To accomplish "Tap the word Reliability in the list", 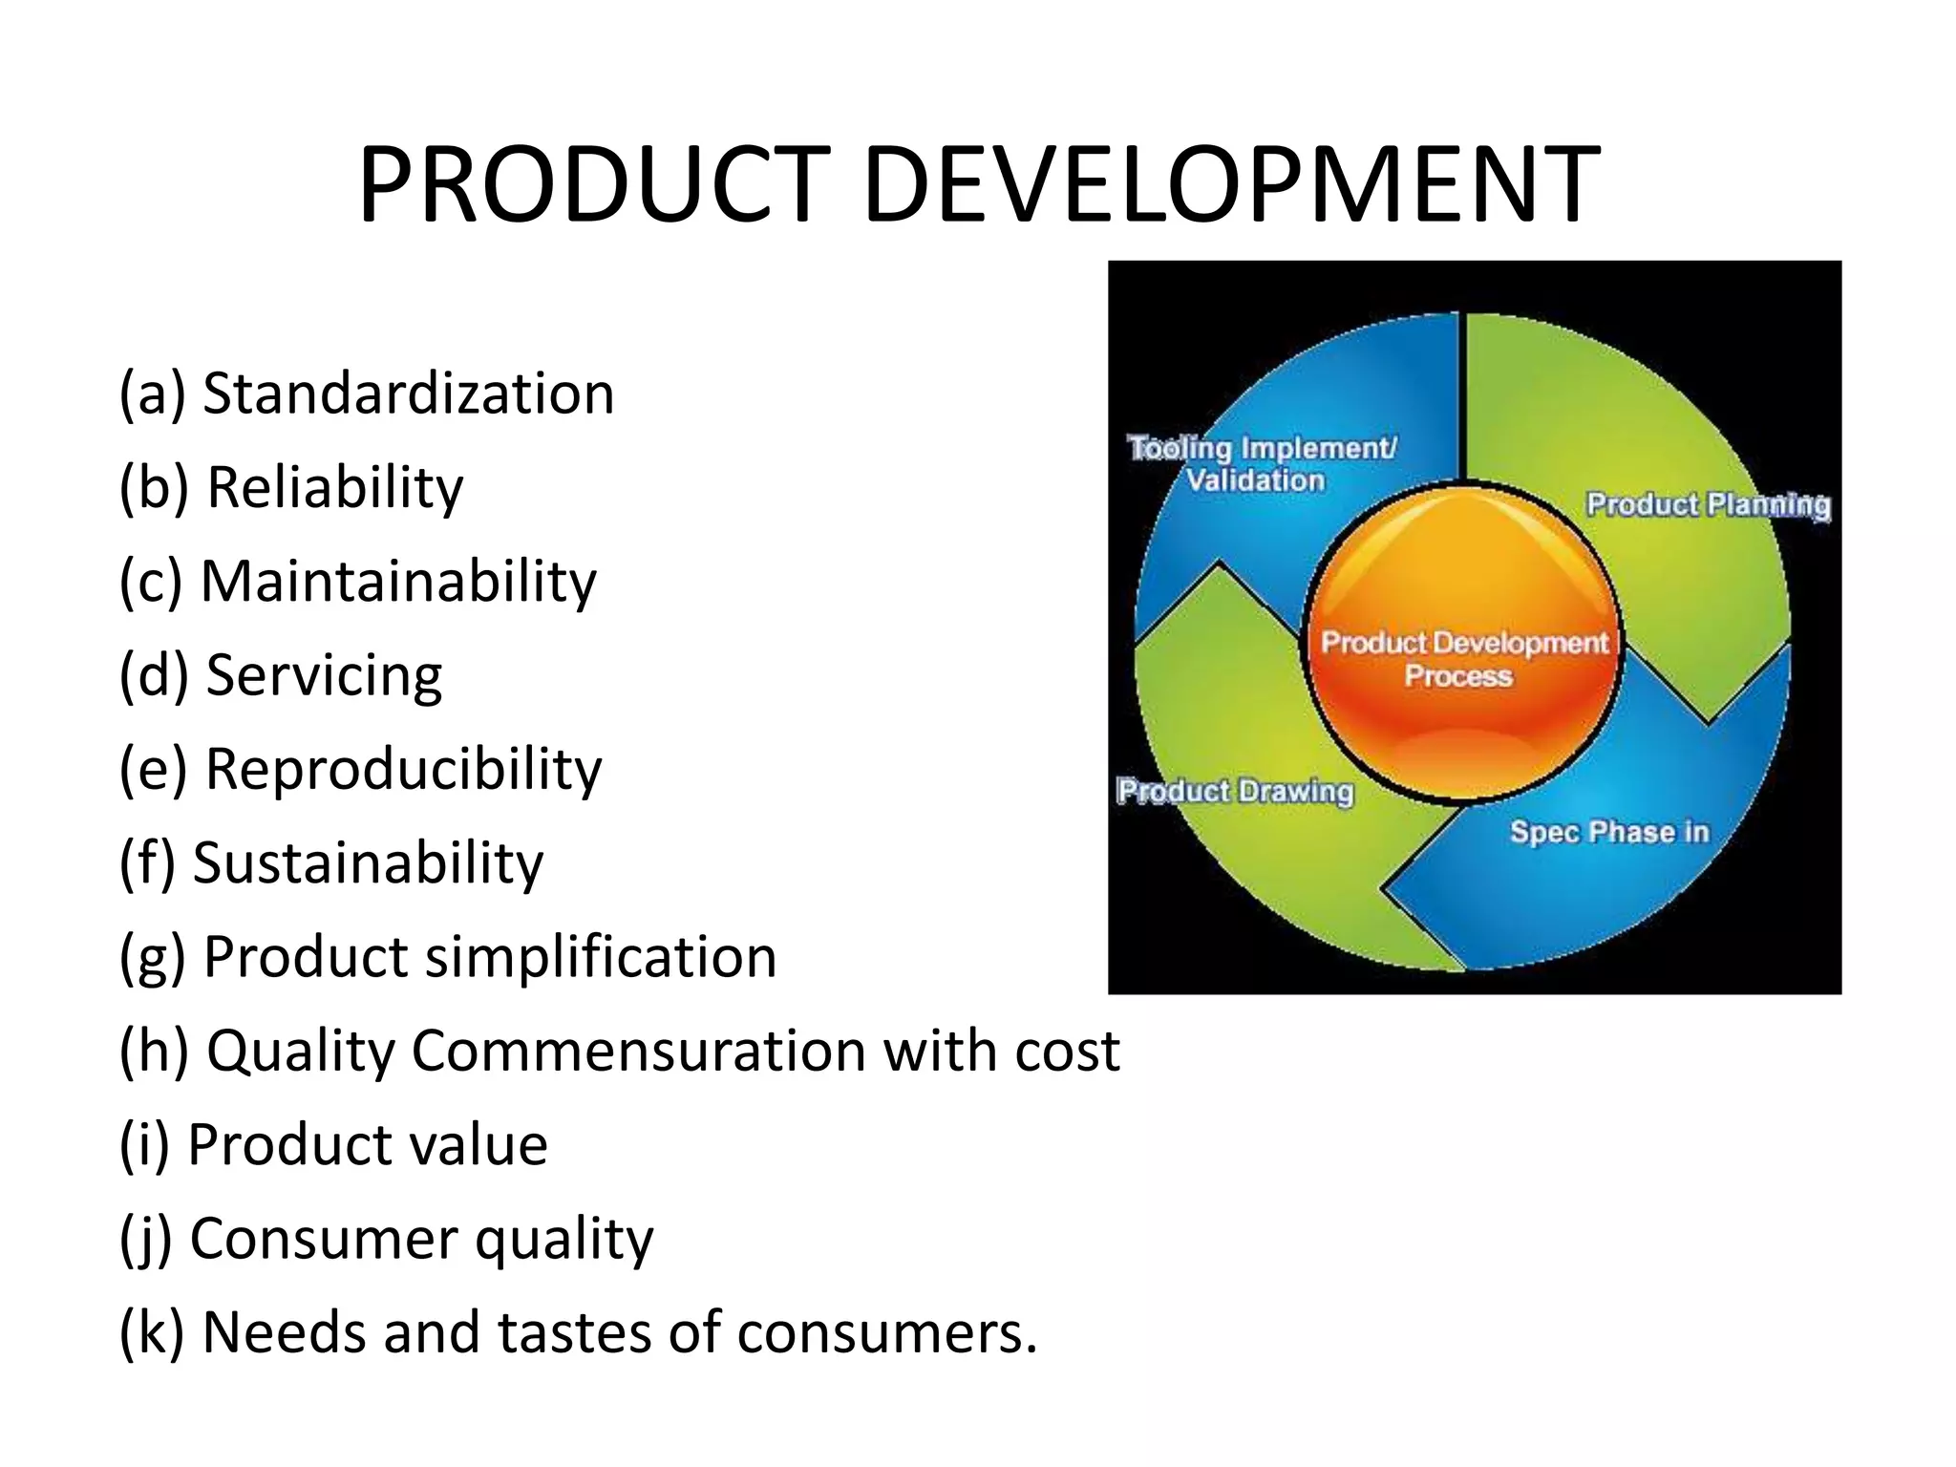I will tap(335, 487).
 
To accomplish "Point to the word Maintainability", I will tap(399, 581).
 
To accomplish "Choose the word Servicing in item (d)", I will tap(325, 675).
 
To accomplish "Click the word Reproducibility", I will tap(404, 769).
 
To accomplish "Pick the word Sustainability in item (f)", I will tap(369, 862).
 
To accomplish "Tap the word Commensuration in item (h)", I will tap(638, 1051).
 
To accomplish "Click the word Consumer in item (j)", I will tap(324, 1238).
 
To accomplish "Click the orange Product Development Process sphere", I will tap(1463, 640).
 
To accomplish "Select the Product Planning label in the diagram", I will tap(1708, 504).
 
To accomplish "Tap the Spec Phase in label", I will tap(1609, 832).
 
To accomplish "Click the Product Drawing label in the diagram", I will tap(1236, 791).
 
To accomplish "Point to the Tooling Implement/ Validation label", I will tap(1261, 463).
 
